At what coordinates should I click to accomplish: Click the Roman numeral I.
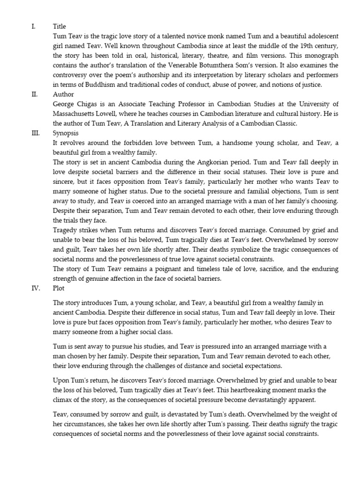[33, 27]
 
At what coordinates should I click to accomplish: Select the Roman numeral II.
[34, 94]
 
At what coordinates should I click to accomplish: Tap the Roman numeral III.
[35, 133]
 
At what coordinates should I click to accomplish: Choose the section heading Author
[63, 94]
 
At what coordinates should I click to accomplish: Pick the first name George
[65, 104]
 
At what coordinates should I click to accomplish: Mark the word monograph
[318, 55]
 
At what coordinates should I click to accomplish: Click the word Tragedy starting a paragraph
[66, 230]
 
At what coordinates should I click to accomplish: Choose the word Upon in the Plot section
[62, 380]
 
